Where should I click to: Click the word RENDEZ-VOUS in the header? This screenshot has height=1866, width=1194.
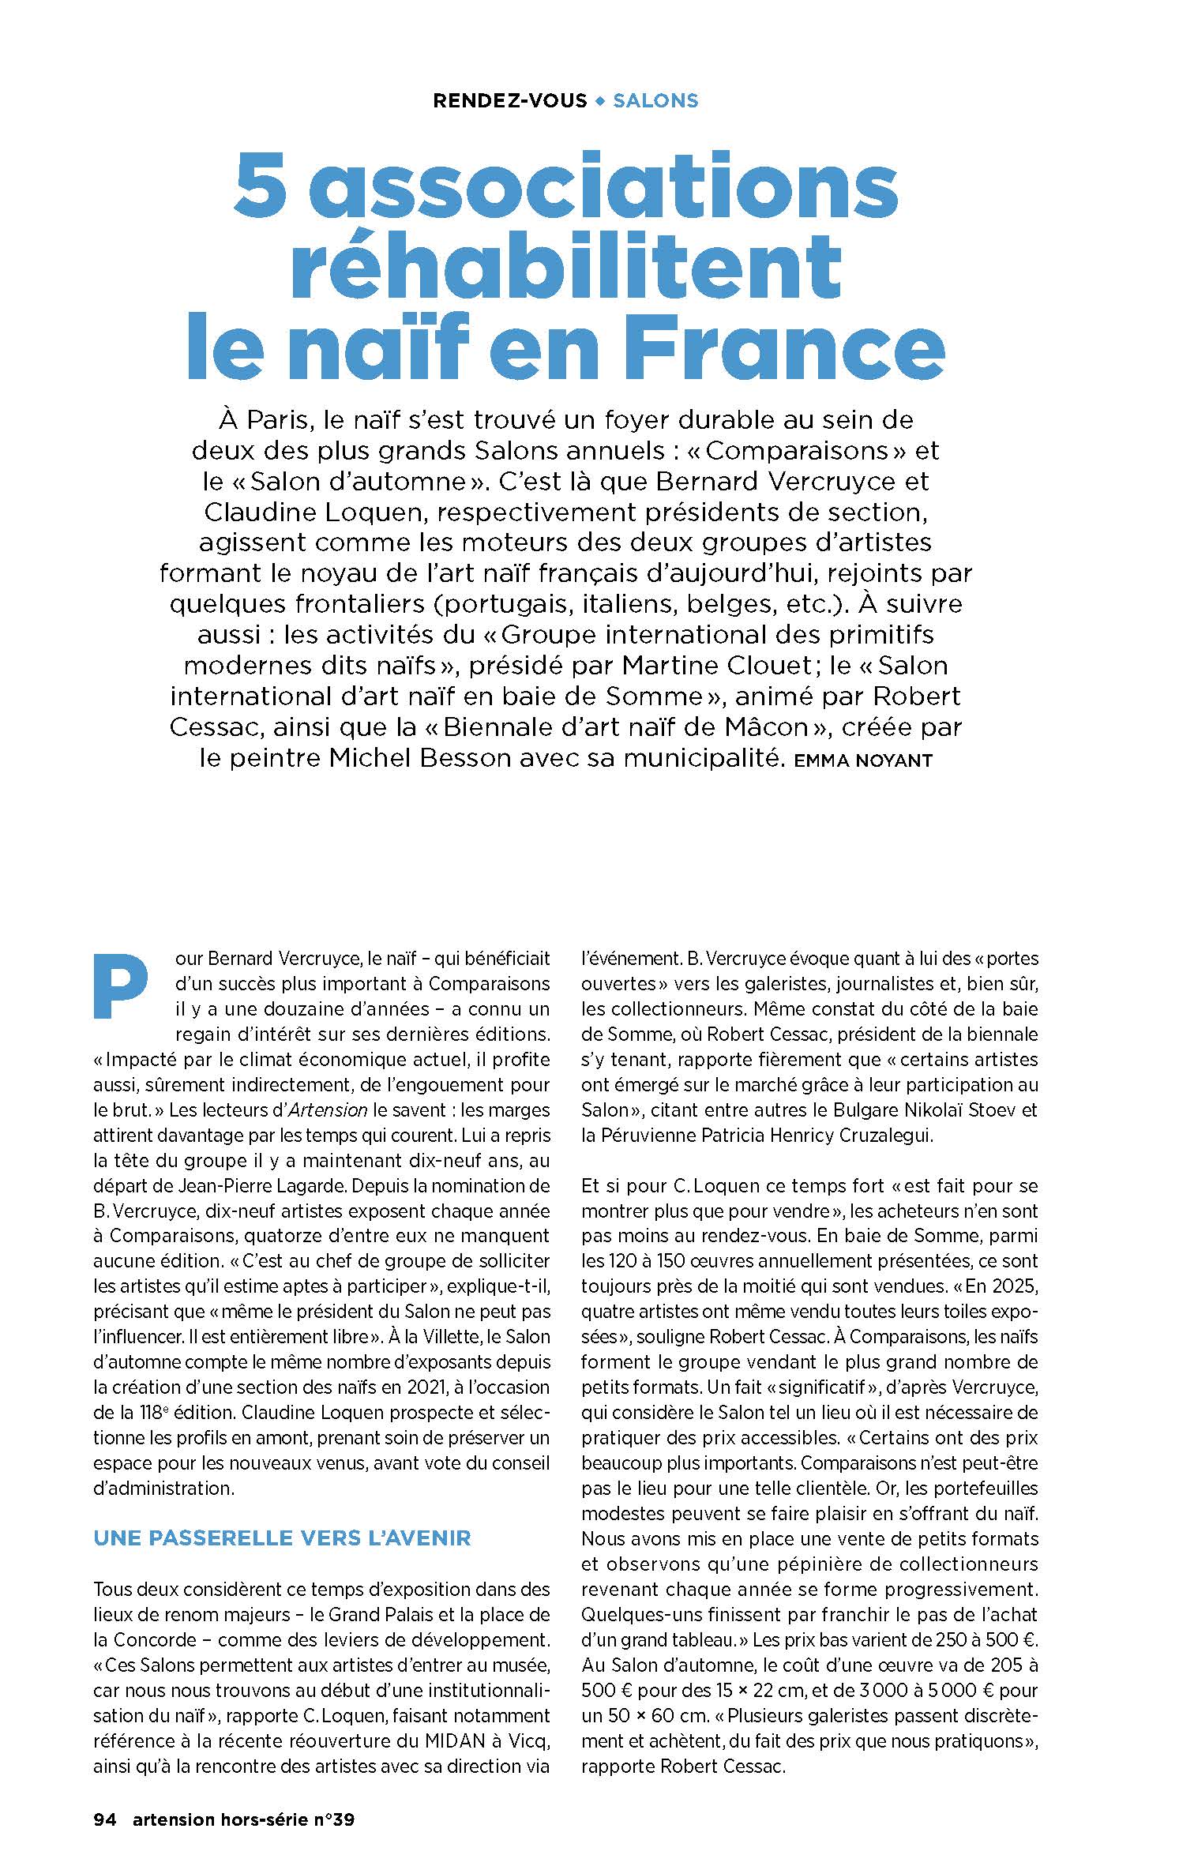tap(510, 101)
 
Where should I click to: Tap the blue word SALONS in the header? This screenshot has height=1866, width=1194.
tap(655, 101)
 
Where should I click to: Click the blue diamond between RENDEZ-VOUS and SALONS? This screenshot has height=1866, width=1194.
tap(600, 101)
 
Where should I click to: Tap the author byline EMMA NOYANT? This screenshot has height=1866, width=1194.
tap(863, 761)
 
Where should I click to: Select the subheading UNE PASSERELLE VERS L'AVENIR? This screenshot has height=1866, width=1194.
tap(282, 1537)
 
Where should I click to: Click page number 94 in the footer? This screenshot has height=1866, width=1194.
tap(105, 1819)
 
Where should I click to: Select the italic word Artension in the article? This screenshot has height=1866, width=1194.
tap(328, 1109)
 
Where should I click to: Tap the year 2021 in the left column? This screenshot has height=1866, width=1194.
tap(423, 1387)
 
